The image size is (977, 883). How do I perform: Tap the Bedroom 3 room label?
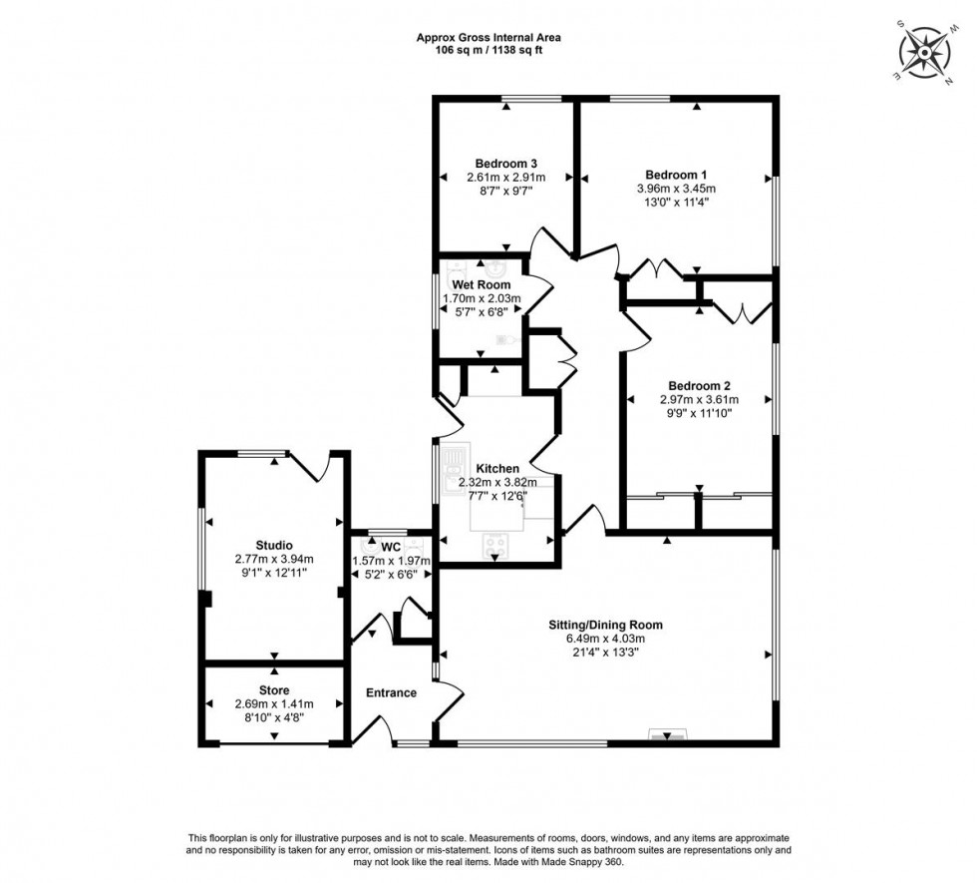point(506,164)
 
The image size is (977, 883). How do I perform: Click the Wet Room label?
point(481,285)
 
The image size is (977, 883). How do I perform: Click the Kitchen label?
point(497,469)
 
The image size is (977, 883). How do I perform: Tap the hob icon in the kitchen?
point(495,545)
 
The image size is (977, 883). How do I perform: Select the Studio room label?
point(274,545)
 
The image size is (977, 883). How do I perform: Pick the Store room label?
point(274,690)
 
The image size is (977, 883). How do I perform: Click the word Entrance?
point(391,693)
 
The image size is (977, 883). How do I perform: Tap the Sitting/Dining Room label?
point(605,626)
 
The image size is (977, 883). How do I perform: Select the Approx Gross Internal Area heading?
point(488,38)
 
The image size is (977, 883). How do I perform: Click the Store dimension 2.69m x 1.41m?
point(274,703)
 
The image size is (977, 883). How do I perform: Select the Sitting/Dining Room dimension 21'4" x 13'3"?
point(605,652)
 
